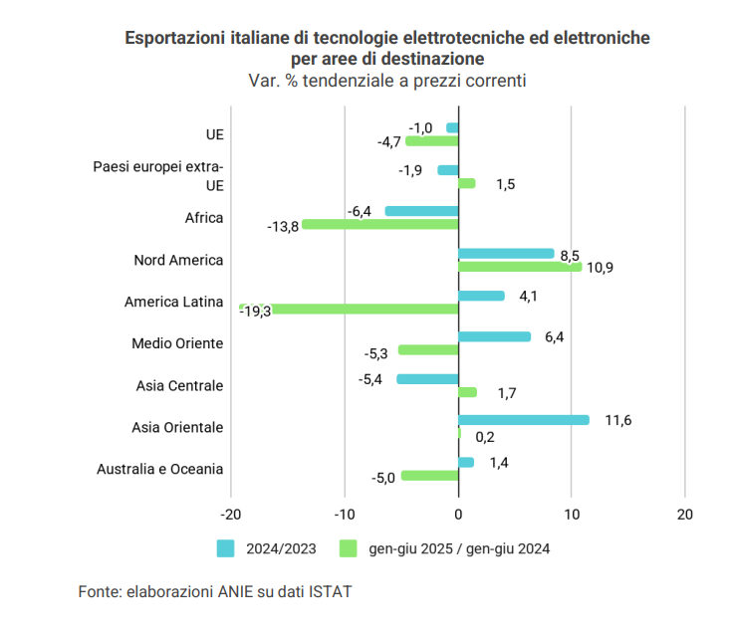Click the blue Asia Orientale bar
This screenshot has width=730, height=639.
pos(523,420)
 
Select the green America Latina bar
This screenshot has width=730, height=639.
pos(349,310)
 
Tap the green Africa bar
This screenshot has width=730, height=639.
pos(379,225)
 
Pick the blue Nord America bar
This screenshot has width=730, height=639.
pos(506,254)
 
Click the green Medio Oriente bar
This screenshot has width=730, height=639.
pos(428,350)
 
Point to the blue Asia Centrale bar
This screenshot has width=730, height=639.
pos(427,378)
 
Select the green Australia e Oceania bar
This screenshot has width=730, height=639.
pos(429,476)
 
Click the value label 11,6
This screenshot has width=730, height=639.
pos(618,420)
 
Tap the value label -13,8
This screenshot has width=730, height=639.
pos(283,226)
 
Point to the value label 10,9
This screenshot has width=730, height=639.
pos(601,268)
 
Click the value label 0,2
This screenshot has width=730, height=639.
pos(486,435)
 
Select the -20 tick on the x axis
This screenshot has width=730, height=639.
pos(231,515)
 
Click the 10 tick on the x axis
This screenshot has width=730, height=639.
pos(571,515)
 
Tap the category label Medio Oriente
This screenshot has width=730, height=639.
pos(177,343)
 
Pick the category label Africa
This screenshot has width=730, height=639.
pos(204,218)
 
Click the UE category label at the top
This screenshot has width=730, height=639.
pos(214,134)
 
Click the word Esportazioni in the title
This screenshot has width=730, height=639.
pos(170,38)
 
